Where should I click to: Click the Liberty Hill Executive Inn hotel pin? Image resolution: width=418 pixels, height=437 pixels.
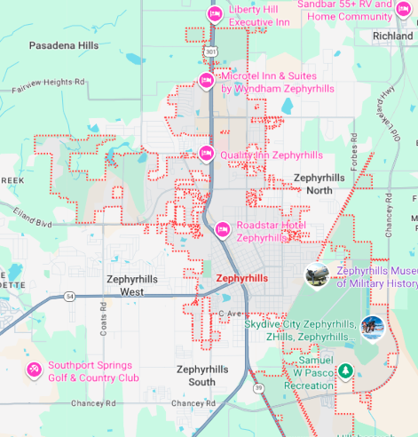[x=214, y=14]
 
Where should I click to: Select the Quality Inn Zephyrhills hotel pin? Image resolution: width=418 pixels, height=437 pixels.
[x=206, y=154]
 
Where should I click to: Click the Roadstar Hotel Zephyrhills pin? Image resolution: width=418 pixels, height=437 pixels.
[x=223, y=230]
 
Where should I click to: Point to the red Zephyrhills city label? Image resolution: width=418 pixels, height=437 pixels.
[x=241, y=278]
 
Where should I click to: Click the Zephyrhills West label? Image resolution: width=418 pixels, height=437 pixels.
[x=132, y=285]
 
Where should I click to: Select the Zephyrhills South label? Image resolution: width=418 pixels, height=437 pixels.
[x=208, y=375]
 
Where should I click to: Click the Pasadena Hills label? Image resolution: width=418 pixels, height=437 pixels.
[x=64, y=44]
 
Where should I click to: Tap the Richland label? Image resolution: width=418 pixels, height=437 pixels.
[x=393, y=36]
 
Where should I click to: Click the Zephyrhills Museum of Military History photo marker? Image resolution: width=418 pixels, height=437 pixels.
[x=317, y=276]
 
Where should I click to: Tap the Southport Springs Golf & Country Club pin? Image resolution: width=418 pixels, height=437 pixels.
[x=34, y=370]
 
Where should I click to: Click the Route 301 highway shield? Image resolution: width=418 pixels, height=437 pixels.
[x=210, y=52]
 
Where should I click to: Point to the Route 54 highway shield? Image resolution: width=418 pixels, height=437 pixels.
[x=69, y=296]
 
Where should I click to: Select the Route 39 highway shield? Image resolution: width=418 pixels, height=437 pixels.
[x=258, y=388]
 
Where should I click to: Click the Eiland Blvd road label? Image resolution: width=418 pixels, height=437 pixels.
[x=32, y=218]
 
